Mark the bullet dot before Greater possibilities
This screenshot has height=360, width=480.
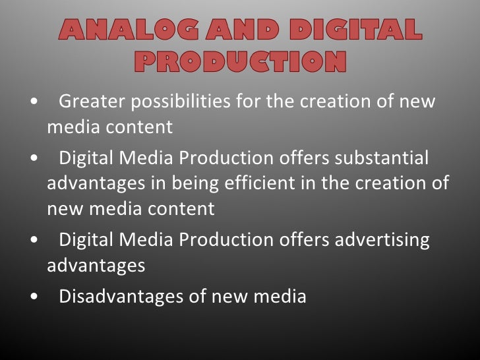(34, 103)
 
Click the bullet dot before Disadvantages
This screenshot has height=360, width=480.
(34, 297)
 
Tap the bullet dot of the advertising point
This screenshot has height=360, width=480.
(34, 241)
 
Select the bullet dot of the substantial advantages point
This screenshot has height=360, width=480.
(34, 160)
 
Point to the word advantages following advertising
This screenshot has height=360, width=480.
(96, 266)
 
